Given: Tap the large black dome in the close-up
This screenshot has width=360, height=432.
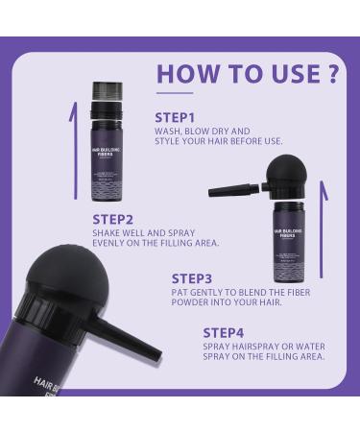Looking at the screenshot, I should [x=59, y=274].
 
